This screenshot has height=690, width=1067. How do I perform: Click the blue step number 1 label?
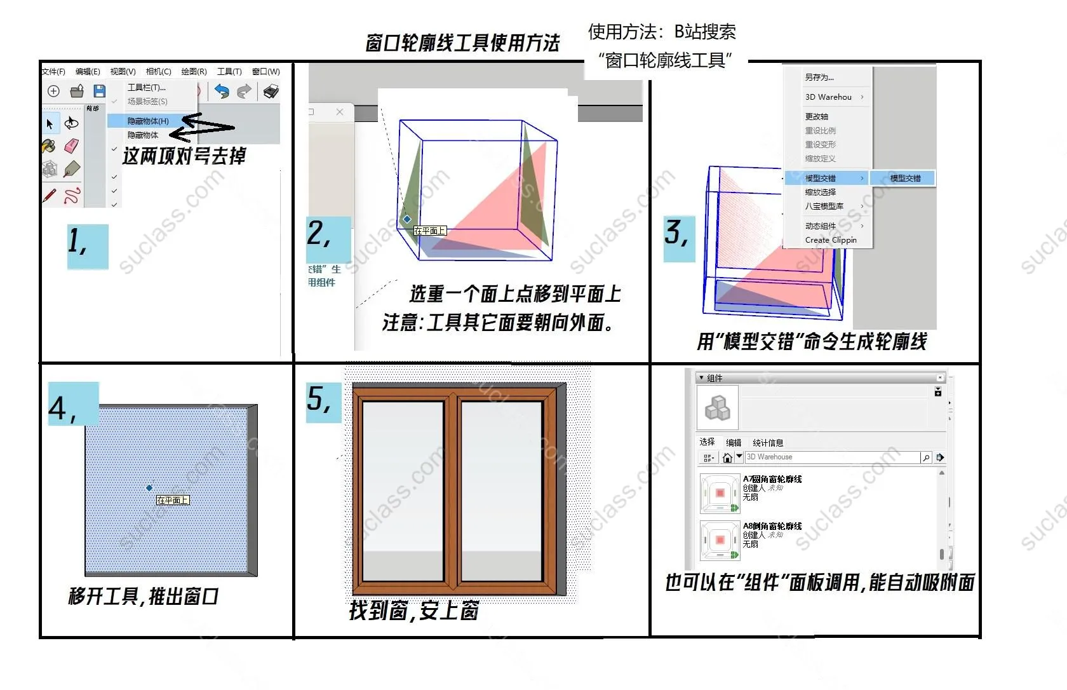click(87, 246)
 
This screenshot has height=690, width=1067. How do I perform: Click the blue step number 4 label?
click(73, 403)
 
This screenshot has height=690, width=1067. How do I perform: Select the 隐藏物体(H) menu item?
click(148, 121)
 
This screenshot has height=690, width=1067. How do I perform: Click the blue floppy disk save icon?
click(99, 91)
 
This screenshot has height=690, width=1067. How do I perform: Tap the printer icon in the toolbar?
click(271, 91)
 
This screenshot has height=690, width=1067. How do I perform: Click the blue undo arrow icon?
click(222, 91)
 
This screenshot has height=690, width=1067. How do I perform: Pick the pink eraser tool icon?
click(71, 146)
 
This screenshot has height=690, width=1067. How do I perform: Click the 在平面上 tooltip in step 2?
click(430, 231)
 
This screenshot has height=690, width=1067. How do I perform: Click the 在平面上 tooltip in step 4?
click(173, 500)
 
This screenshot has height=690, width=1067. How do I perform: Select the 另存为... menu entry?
click(819, 77)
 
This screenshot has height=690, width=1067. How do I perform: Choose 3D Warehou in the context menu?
click(828, 97)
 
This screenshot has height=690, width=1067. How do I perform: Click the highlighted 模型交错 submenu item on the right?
click(904, 178)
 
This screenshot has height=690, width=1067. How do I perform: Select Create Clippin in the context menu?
click(831, 240)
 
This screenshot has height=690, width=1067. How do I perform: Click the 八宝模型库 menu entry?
click(824, 206)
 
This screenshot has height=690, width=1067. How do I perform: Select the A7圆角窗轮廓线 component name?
click(772, 479)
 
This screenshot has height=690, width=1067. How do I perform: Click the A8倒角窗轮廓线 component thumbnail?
click(720, 541)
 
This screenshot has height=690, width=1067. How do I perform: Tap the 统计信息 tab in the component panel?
click(768, 443)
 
